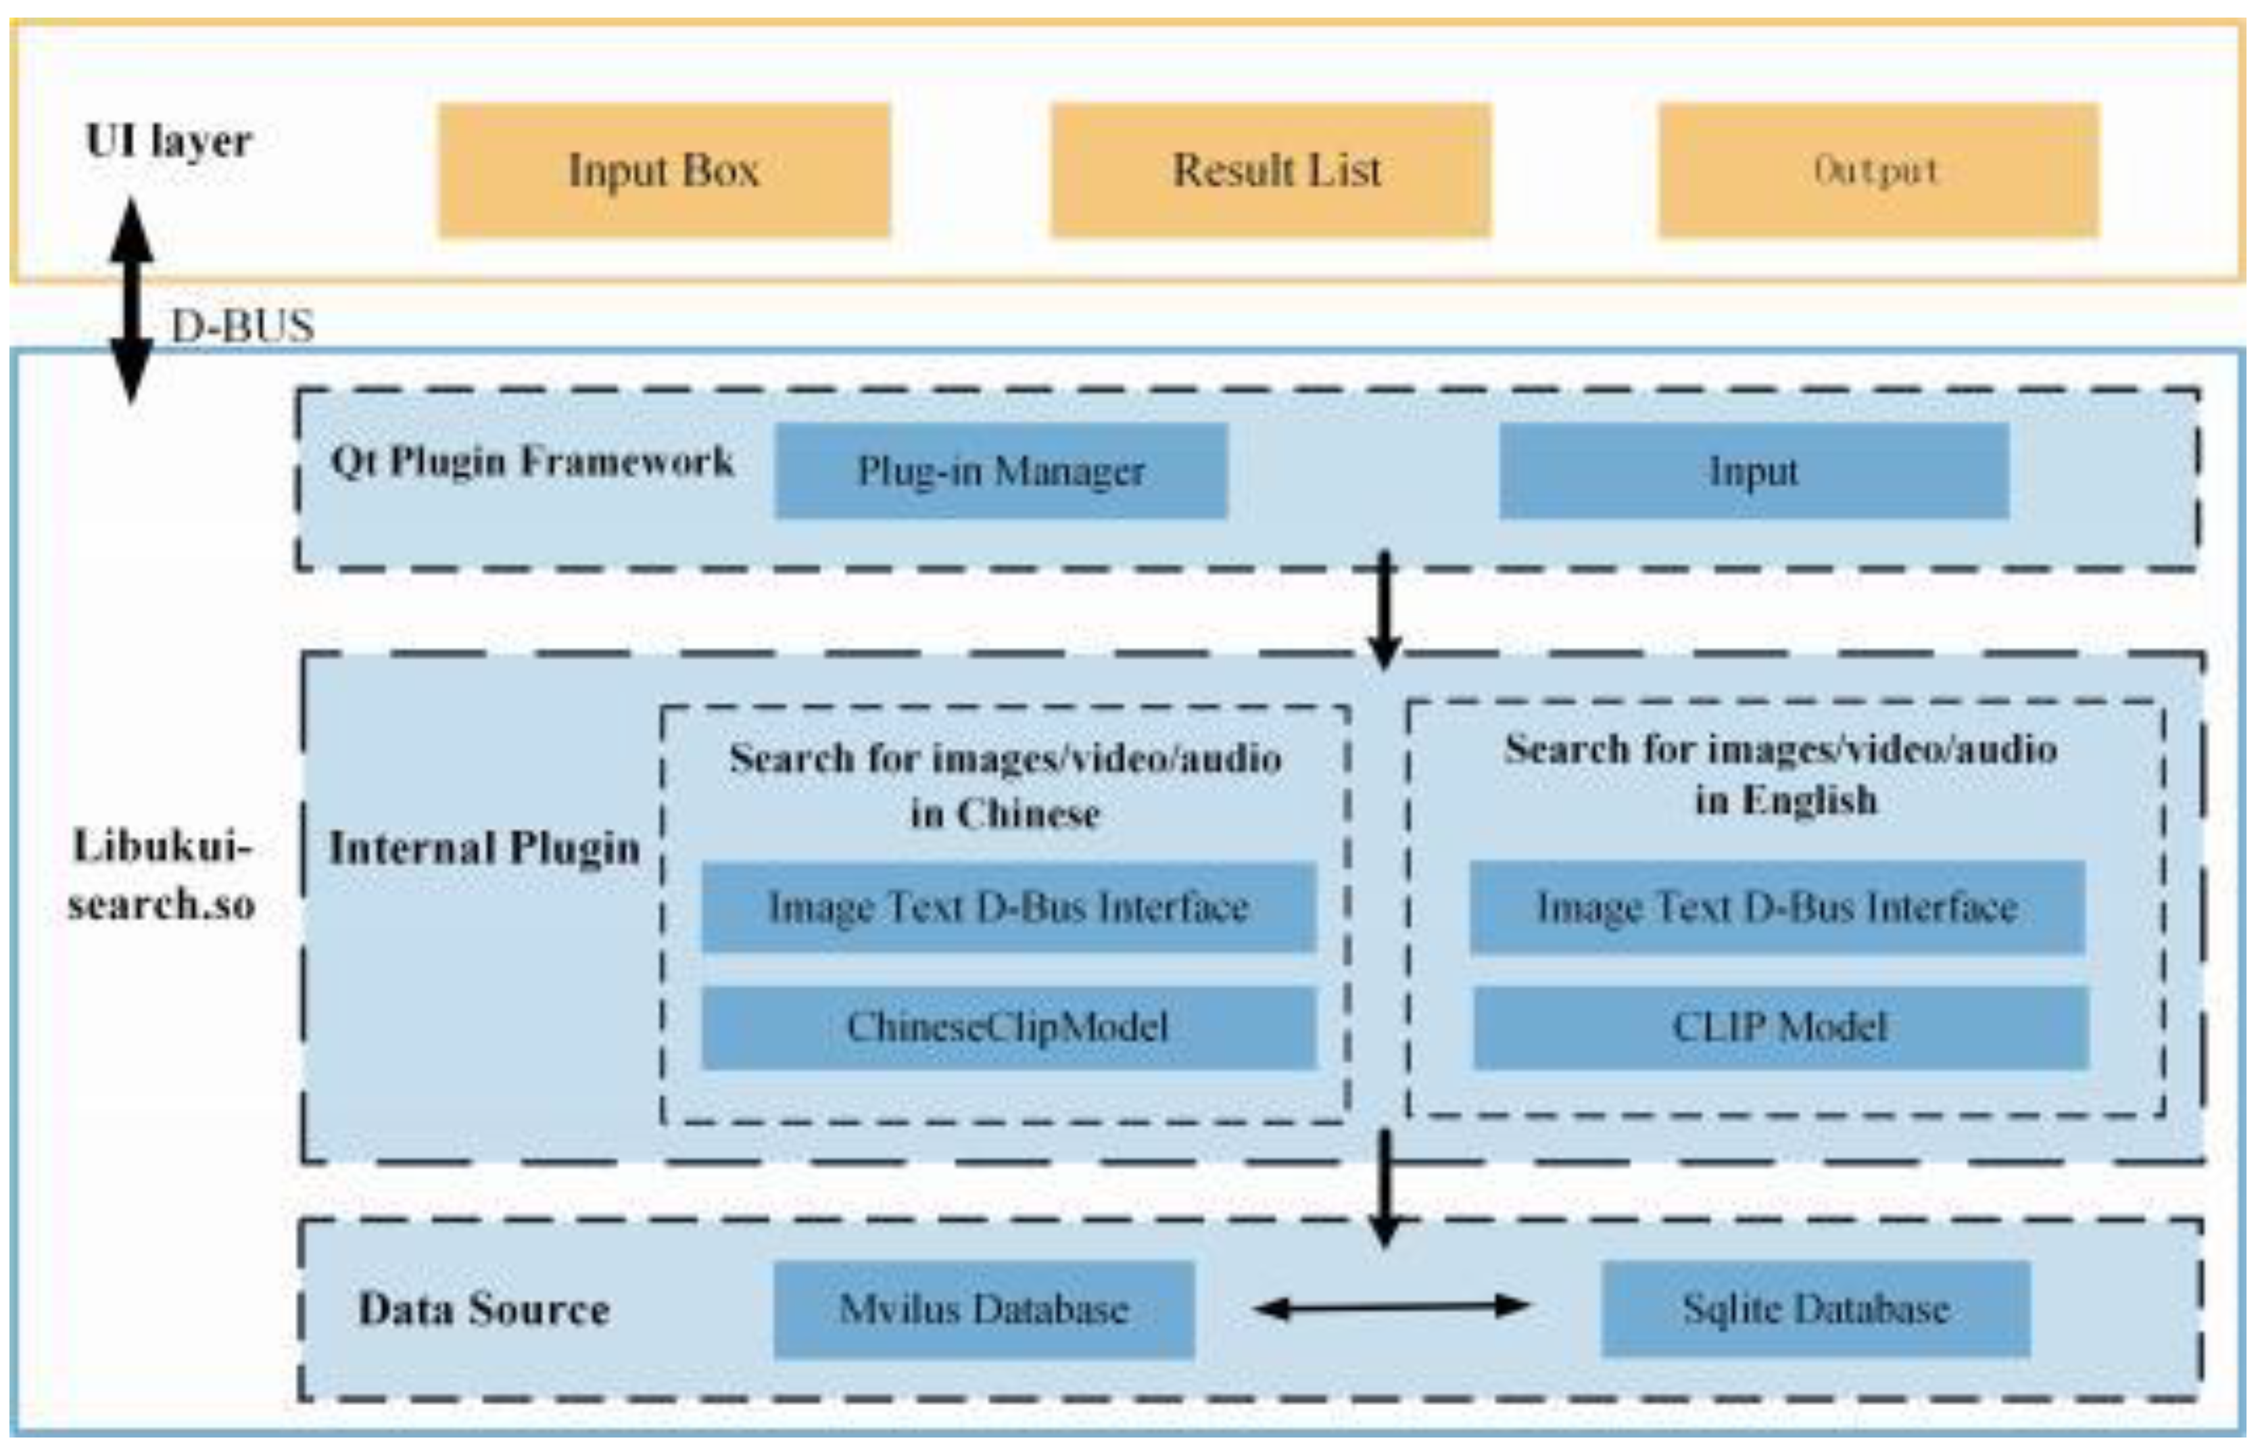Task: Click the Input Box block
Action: coord(663,170)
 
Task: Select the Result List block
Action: coord(1270,170)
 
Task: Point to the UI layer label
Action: coord(169,141)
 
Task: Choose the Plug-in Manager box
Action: coord(1001,471)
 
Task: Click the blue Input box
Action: coord(1754,471)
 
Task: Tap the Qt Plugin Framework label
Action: coord(531,461)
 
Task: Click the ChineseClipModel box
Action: coord(1007,1026)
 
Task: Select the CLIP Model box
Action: coord(1780,1026)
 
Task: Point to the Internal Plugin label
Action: coord(485,848)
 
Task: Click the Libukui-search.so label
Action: coord(162,875)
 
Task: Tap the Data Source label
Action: coord(483,1309)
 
